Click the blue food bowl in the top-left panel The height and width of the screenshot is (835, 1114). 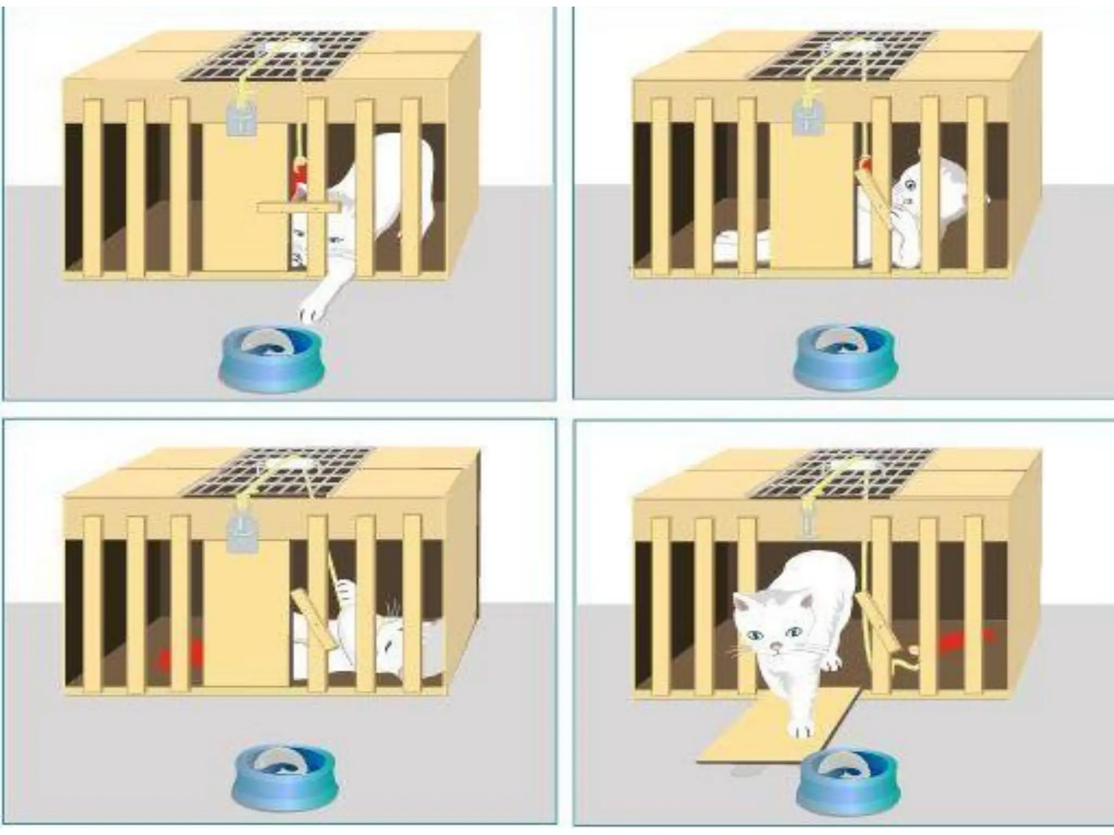[x=270, y=360]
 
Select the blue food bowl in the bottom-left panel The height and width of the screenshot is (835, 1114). [x=283, y=778]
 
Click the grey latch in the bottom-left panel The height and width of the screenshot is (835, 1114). [x=242, y=535]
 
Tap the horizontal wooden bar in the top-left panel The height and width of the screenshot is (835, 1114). [x=296, y=207]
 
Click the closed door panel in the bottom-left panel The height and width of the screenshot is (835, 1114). [x=245, y=614]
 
